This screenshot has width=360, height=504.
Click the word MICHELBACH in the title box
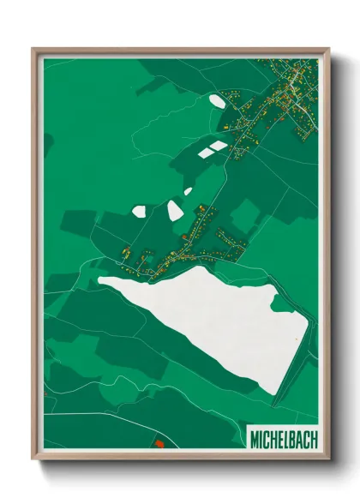[282, 439]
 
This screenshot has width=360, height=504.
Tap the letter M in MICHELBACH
[255, 439]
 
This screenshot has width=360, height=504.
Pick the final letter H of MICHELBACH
[312, 439]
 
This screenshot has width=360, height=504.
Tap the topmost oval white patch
[217, 100]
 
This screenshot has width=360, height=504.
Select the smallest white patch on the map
[188, 191]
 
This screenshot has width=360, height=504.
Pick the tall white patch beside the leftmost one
[175, 209]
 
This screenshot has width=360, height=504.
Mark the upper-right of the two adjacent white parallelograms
[219, 147]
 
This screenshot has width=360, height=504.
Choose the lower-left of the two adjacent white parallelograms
[207, 154]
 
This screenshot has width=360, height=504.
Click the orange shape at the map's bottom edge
[159, 444]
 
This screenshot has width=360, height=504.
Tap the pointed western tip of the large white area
[99, 278]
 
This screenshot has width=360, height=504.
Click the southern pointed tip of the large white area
[275, 393]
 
